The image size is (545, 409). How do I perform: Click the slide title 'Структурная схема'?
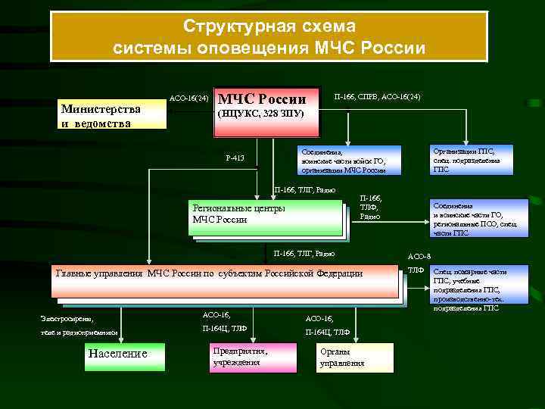tap(269, 27)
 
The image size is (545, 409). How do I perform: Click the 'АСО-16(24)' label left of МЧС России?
tap(188, 98)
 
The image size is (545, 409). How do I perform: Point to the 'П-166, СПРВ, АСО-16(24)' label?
tap(377, 97)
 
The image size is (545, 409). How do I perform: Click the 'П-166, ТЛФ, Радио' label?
tap(370, 206)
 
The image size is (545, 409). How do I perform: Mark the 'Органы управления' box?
tap(355, 357)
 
